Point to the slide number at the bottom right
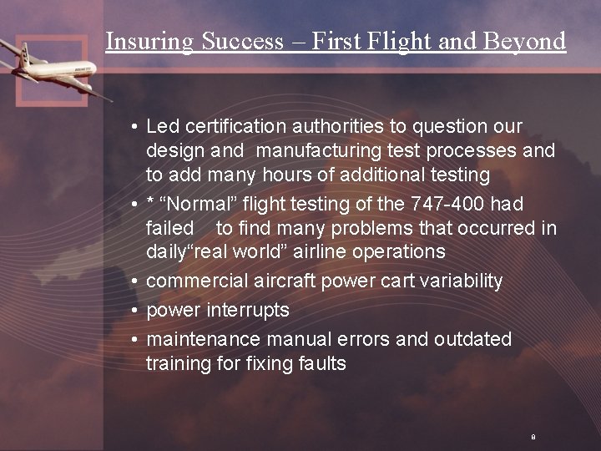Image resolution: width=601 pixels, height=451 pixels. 532,437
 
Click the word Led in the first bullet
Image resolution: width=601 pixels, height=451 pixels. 163,126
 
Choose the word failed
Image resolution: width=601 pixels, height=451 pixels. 169,228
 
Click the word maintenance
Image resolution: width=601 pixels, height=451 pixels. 204,339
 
